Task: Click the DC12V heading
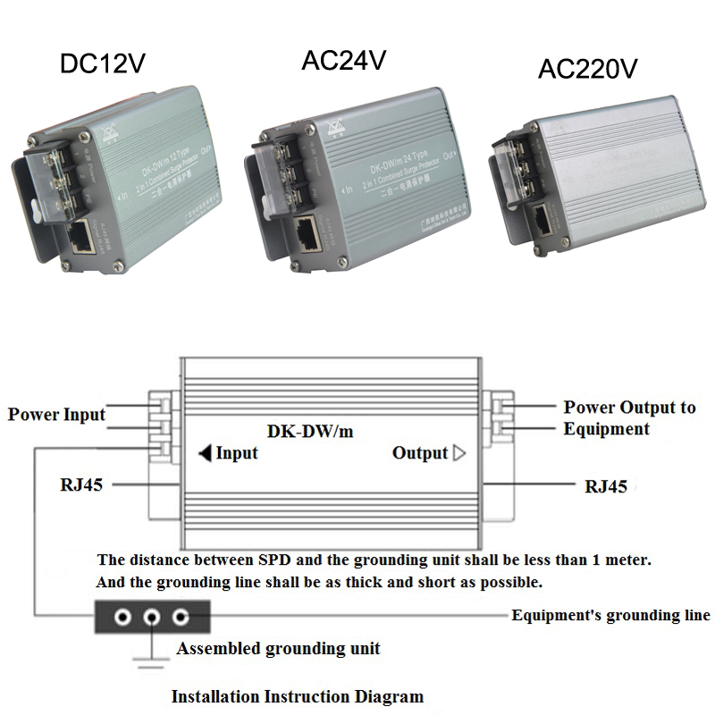pos(102,63)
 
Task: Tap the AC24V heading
pos(344,61)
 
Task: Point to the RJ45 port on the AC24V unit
pos(306,231)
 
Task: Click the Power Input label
pos(56,415)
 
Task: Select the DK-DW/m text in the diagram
pos(310,431)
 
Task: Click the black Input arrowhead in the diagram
pos(205,453)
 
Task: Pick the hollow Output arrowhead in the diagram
pos(460,453)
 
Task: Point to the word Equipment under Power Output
pos(606,429)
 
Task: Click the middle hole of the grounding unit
pos(152,617)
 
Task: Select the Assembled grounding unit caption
pos(278,648)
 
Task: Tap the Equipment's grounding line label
pos(610,615)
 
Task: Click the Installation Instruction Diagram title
pos(297,696)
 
